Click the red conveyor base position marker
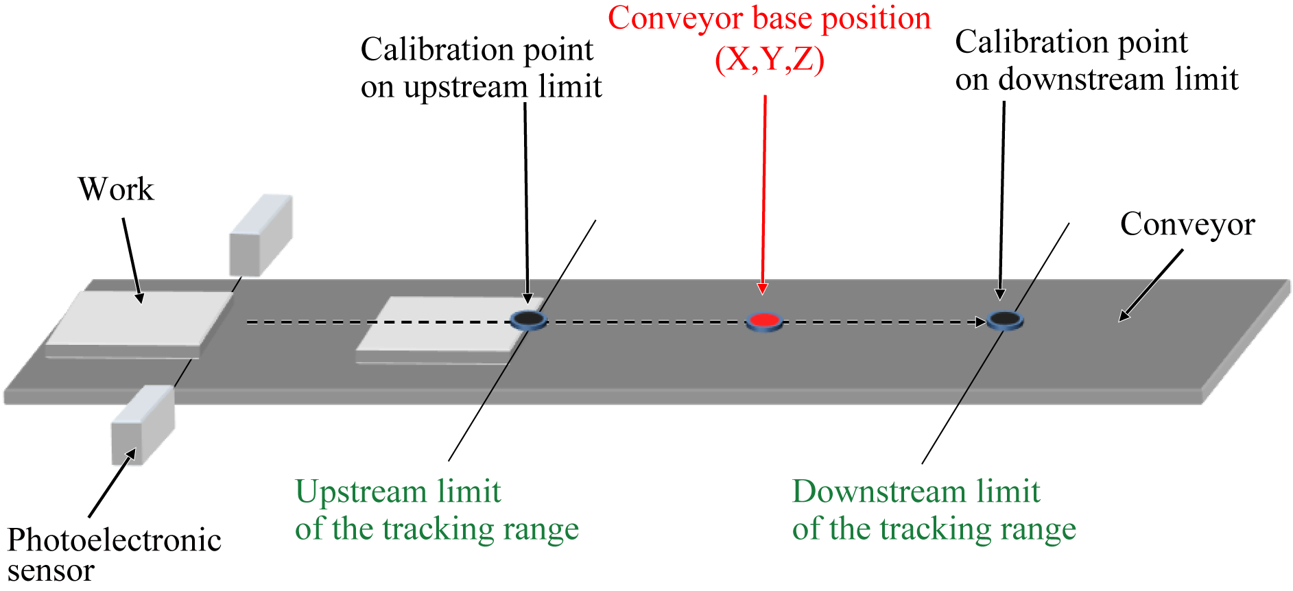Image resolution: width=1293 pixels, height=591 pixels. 764,320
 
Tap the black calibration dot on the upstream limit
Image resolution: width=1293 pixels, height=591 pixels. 528,319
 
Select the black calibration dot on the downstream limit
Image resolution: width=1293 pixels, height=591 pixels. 1005,319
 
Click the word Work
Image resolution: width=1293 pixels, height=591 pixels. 116,189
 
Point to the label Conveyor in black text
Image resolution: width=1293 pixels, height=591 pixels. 1187,224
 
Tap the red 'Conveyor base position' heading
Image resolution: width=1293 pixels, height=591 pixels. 769,19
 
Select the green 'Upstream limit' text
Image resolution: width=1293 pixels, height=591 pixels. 398,492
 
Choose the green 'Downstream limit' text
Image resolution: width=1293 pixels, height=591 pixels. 916,492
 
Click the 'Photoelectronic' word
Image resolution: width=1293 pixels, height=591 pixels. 115,540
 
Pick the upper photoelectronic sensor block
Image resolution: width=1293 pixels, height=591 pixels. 261,235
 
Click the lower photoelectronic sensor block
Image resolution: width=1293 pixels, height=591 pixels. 143,425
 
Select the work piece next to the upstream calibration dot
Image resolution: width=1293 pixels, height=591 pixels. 439,326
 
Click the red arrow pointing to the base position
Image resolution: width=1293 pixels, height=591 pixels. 763,192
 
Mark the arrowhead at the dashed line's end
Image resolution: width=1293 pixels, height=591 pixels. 981,322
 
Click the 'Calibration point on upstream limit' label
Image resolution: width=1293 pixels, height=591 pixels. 481,68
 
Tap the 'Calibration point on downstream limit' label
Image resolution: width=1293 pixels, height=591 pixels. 1096,60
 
